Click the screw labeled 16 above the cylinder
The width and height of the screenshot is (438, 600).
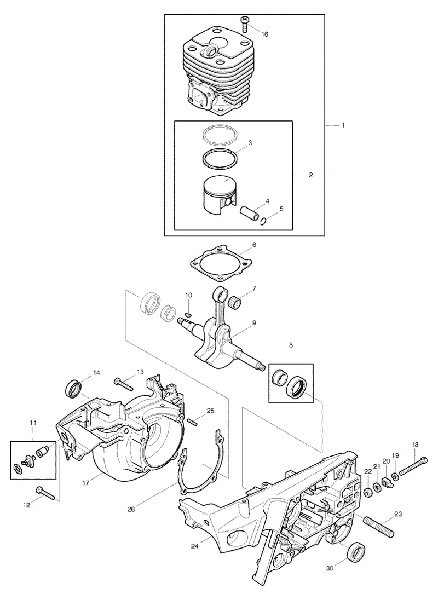[244, 24]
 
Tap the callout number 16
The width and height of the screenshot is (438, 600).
[264, 34]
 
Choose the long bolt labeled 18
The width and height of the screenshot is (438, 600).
[411, 467]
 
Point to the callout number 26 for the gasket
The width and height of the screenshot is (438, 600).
[131, 509]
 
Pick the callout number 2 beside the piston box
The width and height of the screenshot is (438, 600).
[310, 175]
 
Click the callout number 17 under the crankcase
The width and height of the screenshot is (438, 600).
[86, 483]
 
